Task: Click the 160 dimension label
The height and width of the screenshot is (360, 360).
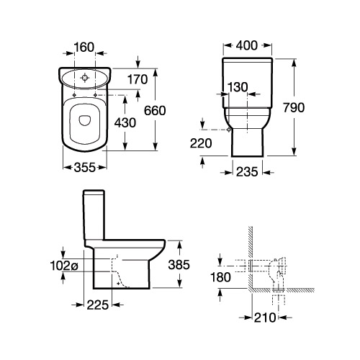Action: (84, 47)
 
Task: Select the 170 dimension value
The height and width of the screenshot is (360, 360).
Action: (138, 79)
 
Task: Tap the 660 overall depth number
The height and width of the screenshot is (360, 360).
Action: (155, 110)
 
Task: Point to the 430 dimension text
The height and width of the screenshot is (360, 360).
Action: (125, 123)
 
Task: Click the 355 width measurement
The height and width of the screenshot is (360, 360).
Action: (85, 167)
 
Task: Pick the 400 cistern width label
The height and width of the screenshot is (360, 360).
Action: (247, 45)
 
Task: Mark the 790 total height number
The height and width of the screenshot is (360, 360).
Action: (294, 107)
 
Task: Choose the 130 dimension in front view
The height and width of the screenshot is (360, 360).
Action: (238, 87)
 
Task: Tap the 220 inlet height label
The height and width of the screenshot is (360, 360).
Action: (201, 143)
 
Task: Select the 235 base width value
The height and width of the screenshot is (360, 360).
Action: (247, 172)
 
